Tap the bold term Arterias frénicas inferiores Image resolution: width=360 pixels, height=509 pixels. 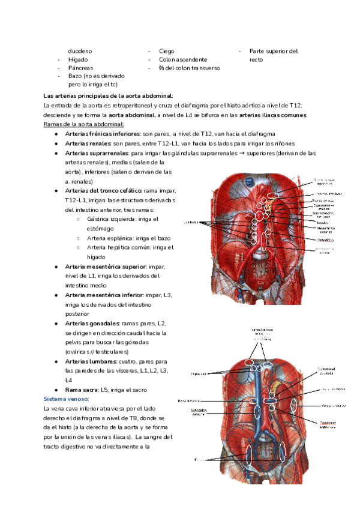pos(101,134)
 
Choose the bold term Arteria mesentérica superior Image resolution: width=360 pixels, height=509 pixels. pos(105,266)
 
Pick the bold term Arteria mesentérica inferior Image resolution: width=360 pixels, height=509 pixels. pos(104,295)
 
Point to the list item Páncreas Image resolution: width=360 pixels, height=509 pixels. pos(80,68)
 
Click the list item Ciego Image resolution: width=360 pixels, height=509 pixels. pos(167,51)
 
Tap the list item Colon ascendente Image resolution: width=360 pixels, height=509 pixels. pos(183,60)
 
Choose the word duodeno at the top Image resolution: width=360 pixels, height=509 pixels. pos(80,51)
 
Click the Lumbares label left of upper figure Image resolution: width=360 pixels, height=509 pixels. pos(191,222)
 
